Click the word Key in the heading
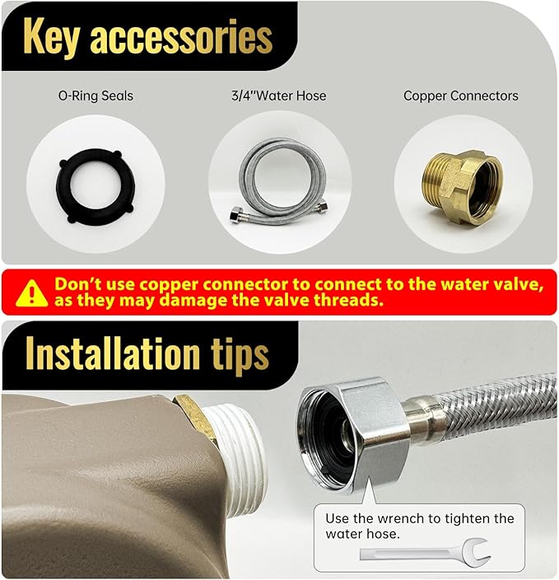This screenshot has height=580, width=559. pyautogui.click(x=51, y=37)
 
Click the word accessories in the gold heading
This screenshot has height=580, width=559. pyautogui.click(x=181, y=37)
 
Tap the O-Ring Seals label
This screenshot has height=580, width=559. pyautogui.click(x=95, y=96)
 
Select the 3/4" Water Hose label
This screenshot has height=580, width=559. pyautogui.click(x=279, y=96)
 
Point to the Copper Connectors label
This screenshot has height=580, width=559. pyautogui.click(x=461, y=96)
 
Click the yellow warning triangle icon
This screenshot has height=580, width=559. pyautogui.click(x=32, y=293)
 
